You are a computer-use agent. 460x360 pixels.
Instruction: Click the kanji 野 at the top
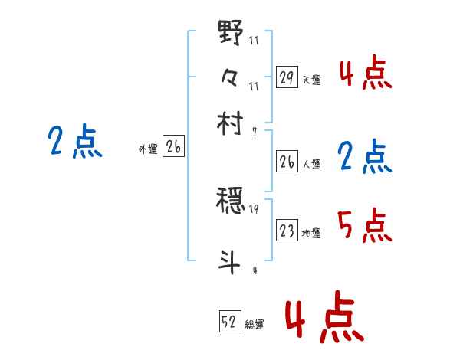(231, 34)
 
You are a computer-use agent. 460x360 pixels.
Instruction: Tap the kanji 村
(231, 123)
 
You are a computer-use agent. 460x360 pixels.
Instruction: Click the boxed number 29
(287, 77)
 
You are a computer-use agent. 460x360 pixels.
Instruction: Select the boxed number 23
(287, 231)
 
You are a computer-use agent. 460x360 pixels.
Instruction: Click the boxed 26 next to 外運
(173, 148)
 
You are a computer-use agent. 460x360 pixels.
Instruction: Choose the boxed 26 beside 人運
(287, 162)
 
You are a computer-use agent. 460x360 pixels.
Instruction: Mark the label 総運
(255, 325)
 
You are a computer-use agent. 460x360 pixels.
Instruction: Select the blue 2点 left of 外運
(74, 142)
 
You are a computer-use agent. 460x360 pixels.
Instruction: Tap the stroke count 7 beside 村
(253, 131)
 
